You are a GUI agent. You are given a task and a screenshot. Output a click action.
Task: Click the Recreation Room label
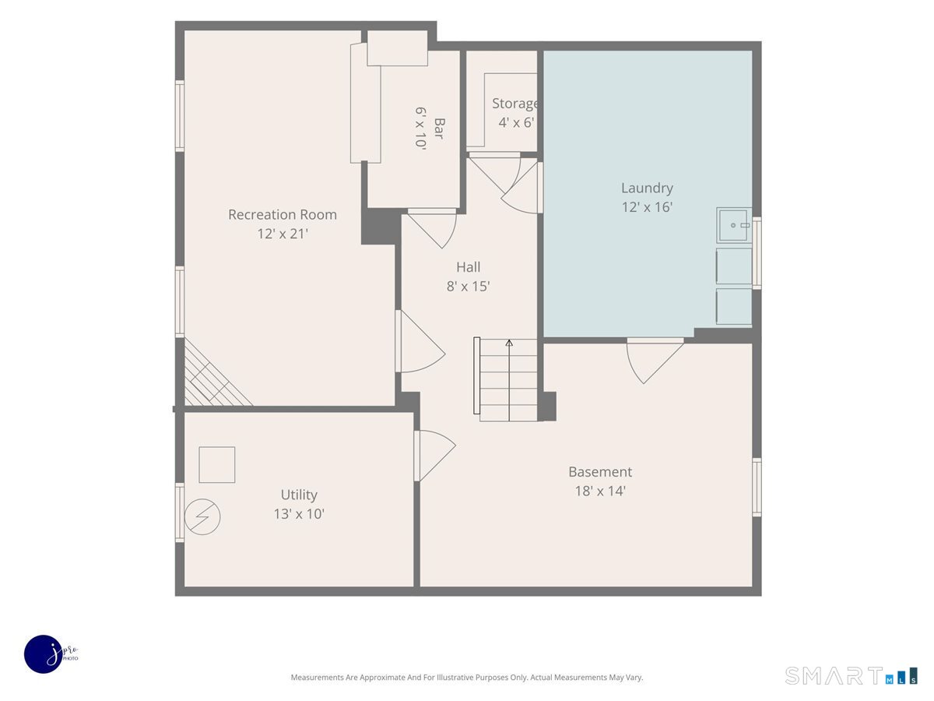pyautogui.click(x=282, y=214)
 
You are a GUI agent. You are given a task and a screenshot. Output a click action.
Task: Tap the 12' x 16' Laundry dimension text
pyautogui.click(x=647, y=207)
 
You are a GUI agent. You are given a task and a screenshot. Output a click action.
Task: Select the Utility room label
pyautogui.click(x=299, y=495)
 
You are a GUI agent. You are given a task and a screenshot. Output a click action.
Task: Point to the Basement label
pyautogui.click(x=600, y=471)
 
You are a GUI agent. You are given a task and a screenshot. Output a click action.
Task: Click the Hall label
pyautogui.click(x=468, y=267)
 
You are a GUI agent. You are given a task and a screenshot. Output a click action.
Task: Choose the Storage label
pyautogui.click(x=515, y=104)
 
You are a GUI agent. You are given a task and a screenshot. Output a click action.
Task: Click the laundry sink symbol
pyautogui.click(x=734, y=225)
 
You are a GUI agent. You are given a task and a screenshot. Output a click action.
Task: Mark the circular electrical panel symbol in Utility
pyautogui.click(x=202, y=516)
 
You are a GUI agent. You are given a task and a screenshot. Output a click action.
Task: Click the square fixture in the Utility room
pyautogui.click(x=217, y=465)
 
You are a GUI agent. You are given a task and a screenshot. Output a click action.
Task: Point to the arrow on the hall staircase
pyautogui.click(x=509, y=379)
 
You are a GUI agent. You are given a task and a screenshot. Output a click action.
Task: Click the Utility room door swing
pyautogui.click(x=435, y=456)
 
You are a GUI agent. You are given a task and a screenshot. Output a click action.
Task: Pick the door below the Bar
pyautogui.click(x=432, y=228)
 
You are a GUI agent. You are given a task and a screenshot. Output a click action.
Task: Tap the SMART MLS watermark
pyautogui.click(x=851, y=676)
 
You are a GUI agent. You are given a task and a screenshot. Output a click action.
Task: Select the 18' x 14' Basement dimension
pyautogui.click(x=600, y=491)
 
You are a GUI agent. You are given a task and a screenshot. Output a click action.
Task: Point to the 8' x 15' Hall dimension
pyautogui.click(x=468, y=287)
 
